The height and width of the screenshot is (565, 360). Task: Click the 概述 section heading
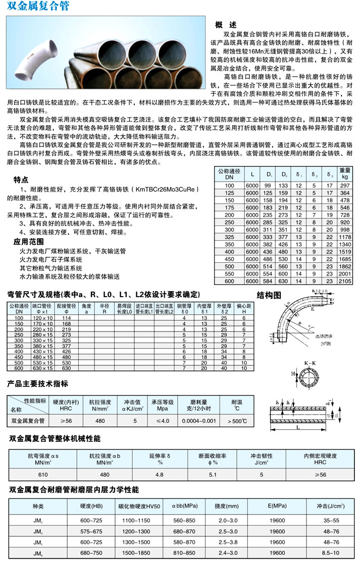click(225, 25)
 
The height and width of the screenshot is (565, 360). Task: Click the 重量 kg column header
click(345, 174)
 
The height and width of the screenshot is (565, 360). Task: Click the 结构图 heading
click(269, 295)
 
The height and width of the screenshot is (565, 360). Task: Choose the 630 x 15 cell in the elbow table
click(43, 368)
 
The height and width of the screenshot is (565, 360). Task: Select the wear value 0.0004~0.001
click(198, 420)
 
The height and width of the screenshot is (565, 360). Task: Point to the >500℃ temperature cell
click(237, 420)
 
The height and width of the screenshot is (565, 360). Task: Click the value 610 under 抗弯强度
click(43, 475)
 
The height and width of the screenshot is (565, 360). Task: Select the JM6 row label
click(38, 553)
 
